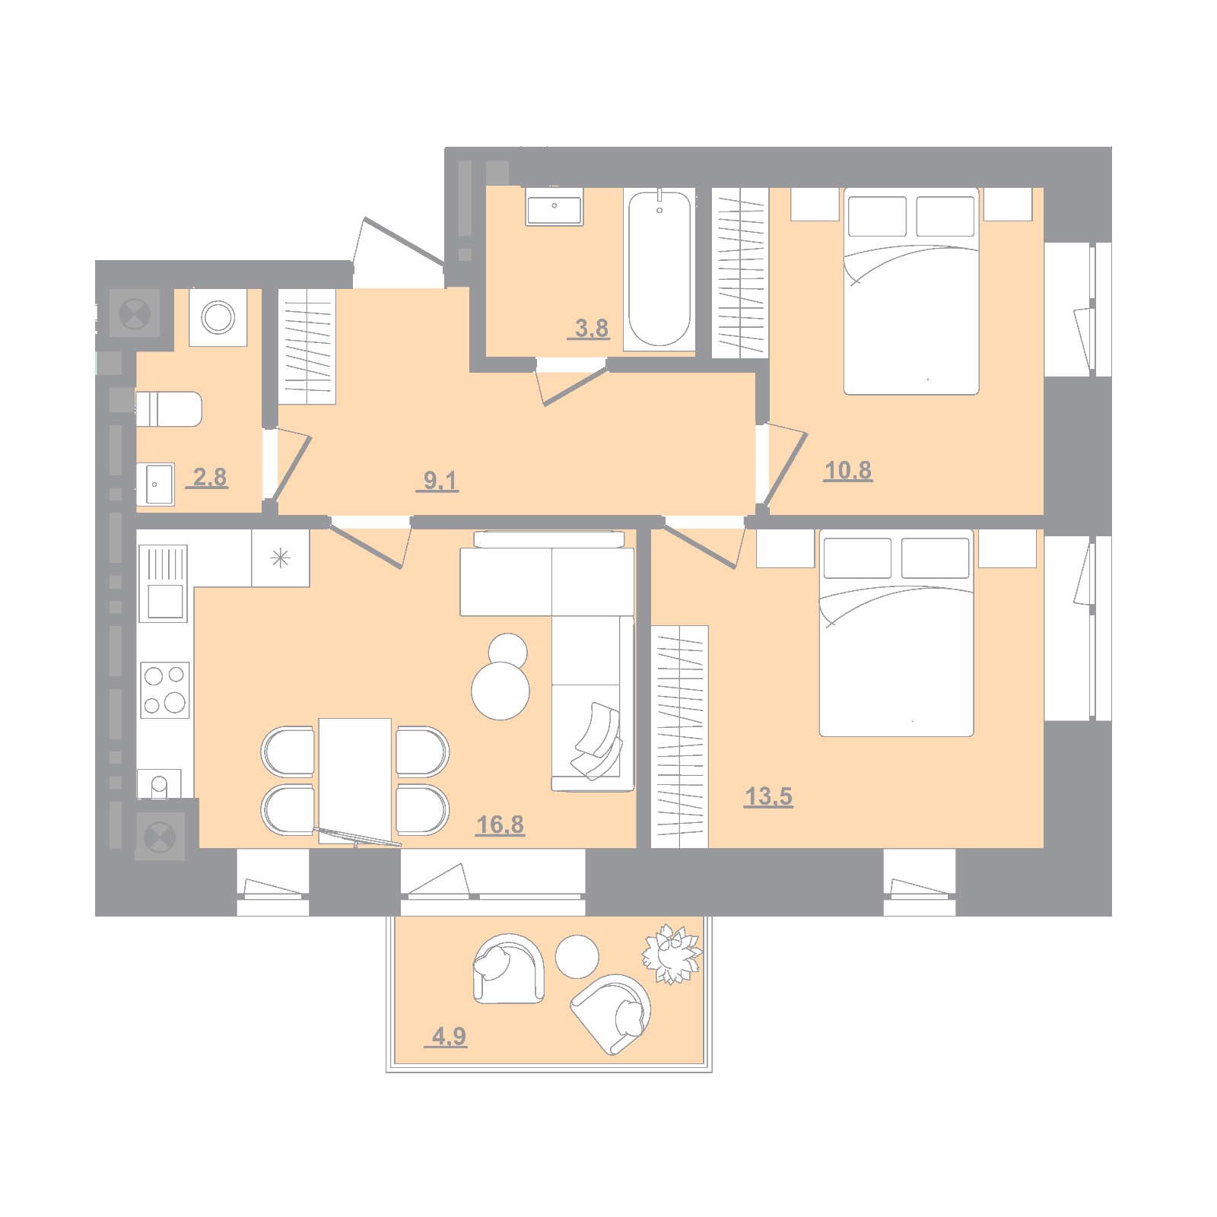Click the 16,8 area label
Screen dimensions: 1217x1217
coord(500,825)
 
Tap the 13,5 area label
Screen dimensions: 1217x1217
coord(769,796)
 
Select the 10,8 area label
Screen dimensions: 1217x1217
coord(848,471)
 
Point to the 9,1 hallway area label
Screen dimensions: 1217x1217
coord(440,481)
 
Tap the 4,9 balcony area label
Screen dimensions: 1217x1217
coord(450,1036)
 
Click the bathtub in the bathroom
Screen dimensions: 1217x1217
coord(659,269)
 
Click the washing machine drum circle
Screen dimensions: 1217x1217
coord(218,317)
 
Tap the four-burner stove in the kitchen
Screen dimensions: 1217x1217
coord(165,690)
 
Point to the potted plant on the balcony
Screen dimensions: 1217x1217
coord(671,954)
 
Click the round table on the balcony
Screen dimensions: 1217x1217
coord(577,956)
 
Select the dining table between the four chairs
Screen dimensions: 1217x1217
coord(355,782)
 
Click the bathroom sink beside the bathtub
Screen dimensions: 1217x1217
coord(554,208)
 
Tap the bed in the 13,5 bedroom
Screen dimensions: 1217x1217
coord(897,633)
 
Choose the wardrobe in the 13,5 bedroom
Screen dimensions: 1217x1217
coord(680,736)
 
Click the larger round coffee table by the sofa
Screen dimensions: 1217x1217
coord(500,691)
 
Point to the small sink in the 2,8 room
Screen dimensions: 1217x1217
coord(156,484)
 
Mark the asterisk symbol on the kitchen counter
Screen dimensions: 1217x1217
coord(281,559)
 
